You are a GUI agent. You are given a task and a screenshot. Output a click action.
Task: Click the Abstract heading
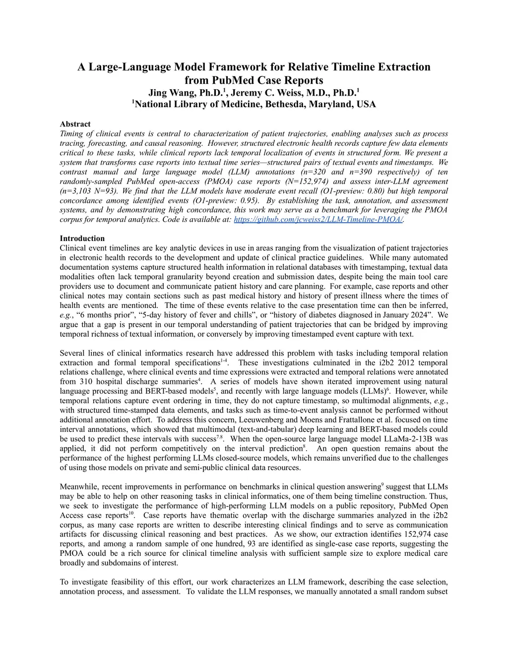[75, 124]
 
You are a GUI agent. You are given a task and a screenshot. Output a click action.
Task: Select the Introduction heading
[82, 239]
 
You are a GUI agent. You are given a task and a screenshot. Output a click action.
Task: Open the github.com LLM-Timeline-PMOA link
[318, 219]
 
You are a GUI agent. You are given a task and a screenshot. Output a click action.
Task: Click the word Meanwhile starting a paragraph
[78, 487]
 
